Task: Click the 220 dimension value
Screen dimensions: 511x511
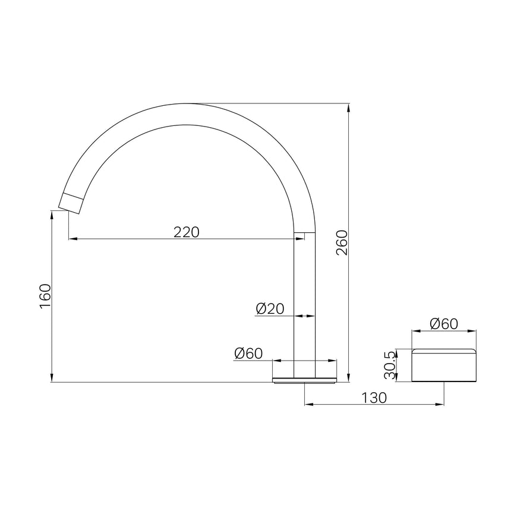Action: coord(186,232)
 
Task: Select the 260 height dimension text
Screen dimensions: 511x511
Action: coord(342,242)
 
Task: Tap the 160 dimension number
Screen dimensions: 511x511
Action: coord(45,296)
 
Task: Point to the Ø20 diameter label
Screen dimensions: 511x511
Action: coord(270,308)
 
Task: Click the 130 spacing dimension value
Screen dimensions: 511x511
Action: coord(374,398)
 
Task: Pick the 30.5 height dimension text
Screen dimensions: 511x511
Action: coord(390,365)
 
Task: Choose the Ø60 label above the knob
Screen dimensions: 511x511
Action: coord(444,324)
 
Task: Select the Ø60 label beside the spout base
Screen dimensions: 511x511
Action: coord(248,354)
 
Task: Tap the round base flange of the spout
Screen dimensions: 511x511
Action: coord(304,380)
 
